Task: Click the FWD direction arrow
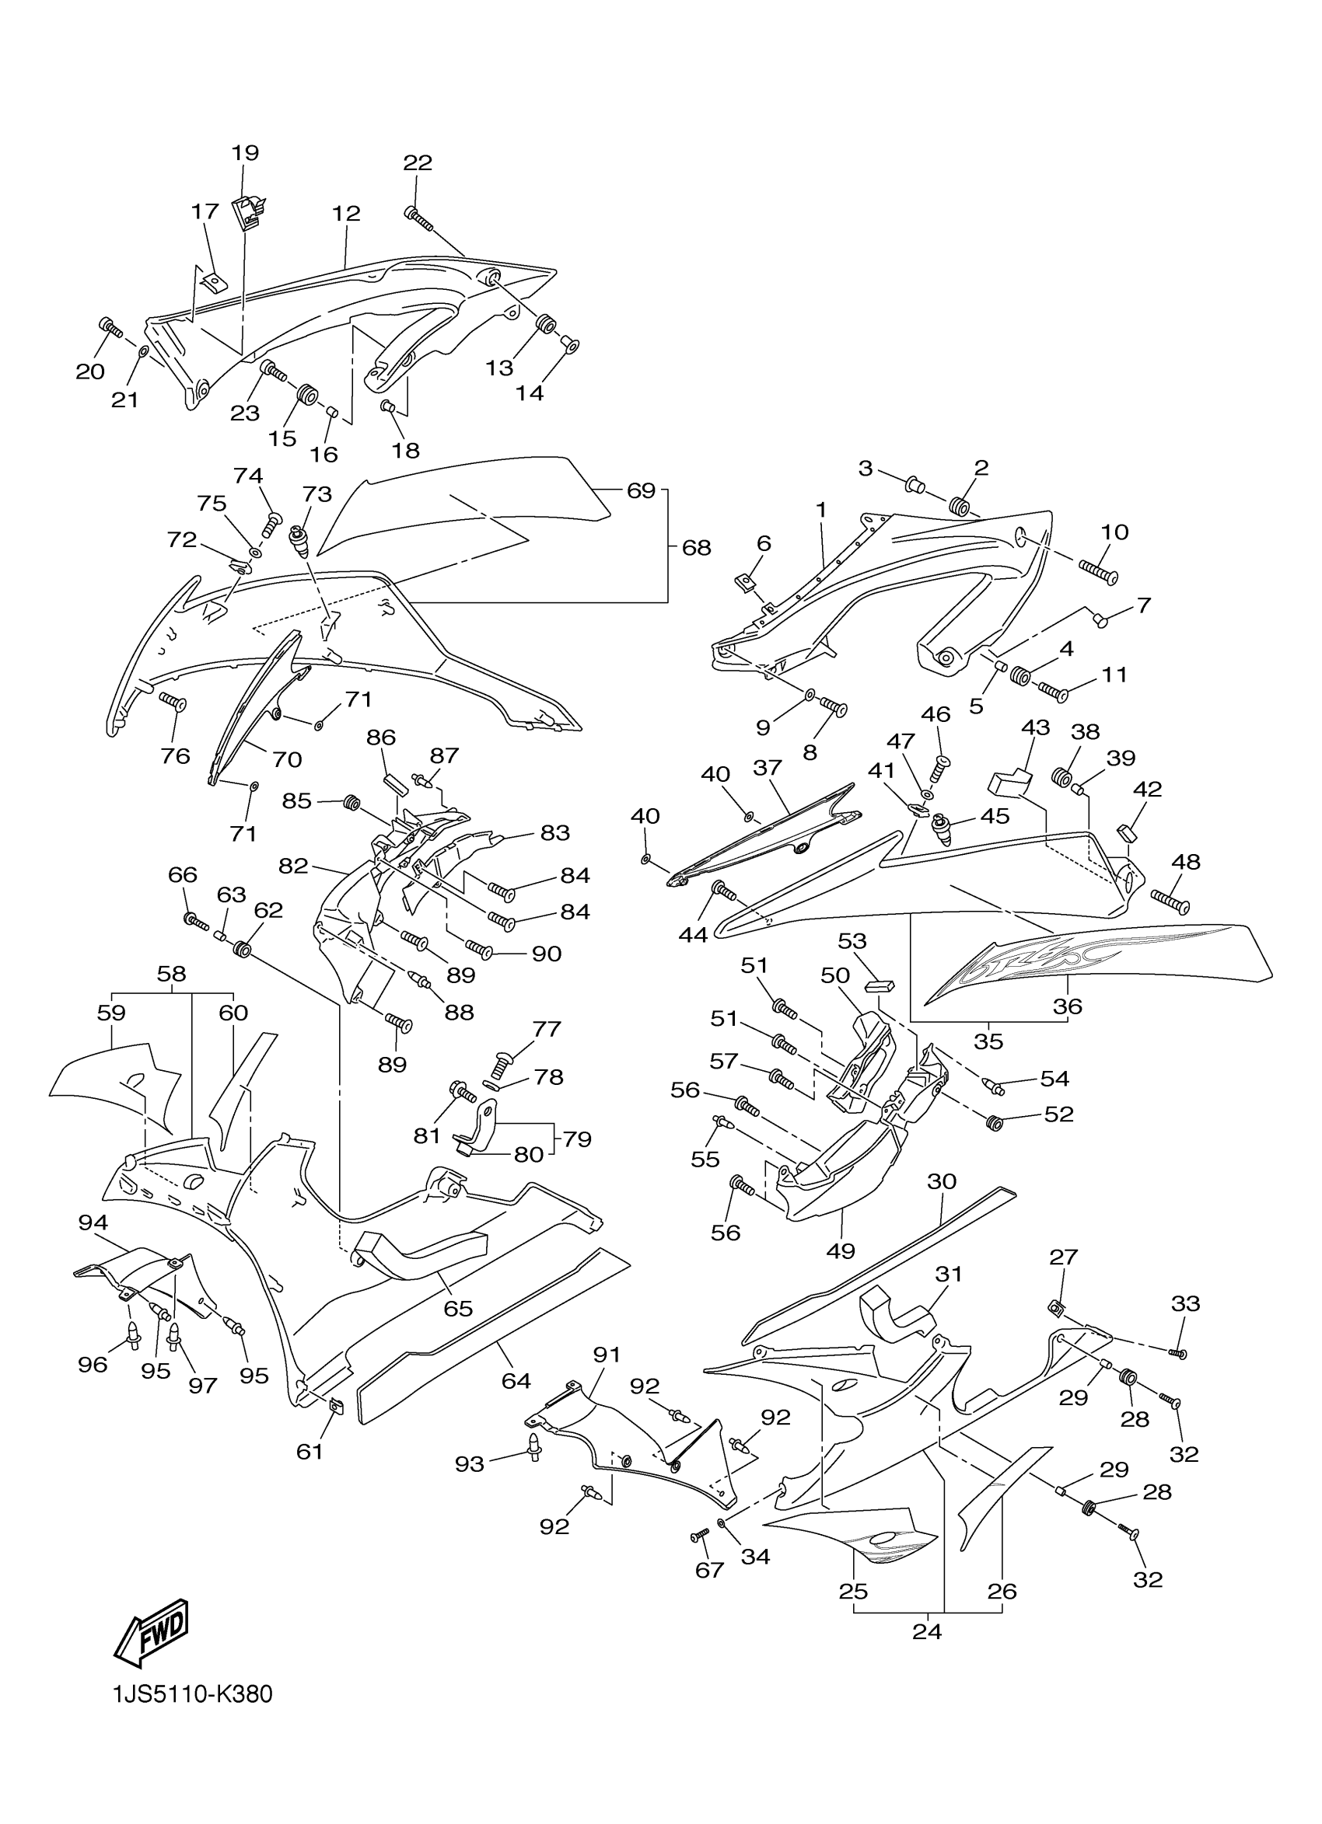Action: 152,1633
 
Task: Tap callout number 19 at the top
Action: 246,153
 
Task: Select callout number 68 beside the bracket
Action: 696,548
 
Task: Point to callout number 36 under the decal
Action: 1068,1006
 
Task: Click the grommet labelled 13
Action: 547,324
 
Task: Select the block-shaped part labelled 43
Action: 1009,779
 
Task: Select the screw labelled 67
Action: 698,1536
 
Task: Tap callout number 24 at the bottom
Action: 927,1631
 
